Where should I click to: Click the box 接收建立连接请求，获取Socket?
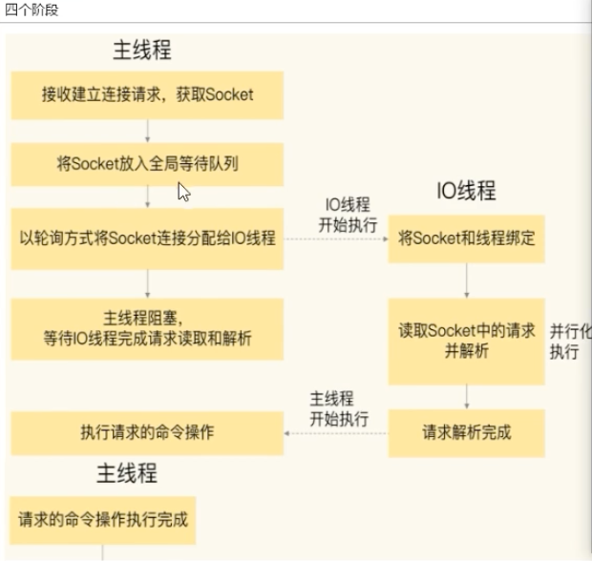click(147, 94)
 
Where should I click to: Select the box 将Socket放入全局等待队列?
click(147, 163)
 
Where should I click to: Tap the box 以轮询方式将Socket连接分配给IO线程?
click(147, 238)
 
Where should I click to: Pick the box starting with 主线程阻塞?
click(147, 328)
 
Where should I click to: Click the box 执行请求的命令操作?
click(147, 432)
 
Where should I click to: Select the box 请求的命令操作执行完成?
click(103, 520)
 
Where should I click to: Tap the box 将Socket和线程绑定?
click(466, 238)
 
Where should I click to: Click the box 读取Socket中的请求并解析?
click(466, 341)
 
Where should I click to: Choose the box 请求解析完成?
click(466, 432)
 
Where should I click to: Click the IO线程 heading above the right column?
click(466, 190)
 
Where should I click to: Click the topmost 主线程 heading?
click(142, 49)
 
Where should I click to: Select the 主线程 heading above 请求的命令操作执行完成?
click(127, 473)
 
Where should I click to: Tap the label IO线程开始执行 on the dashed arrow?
click(348, 213)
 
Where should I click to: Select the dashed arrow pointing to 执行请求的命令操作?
click(336, 432)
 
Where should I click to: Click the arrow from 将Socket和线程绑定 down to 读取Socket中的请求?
click(466, 280)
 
